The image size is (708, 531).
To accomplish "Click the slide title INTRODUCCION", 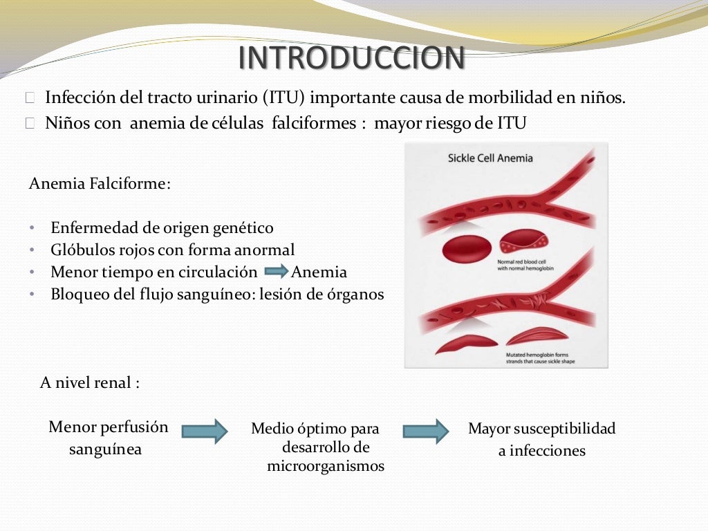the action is pos(351,59).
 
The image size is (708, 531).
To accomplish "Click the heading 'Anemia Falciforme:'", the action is pos(100,184).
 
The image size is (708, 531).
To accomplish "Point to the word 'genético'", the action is pos(245,228).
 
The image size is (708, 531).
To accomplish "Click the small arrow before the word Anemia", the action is pos(276,272).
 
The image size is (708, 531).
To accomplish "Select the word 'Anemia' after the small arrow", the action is pos(319,272).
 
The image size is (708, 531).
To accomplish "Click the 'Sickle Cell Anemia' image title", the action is pos(490,158).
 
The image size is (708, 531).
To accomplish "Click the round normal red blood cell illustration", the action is pos(467,249).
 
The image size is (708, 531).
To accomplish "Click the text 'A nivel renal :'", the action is pos(90,383).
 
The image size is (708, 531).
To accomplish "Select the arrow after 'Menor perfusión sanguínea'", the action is pos(205,431).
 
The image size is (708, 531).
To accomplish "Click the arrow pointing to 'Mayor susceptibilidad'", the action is pos(426,431).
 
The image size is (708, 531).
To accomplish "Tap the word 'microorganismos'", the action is pos(326,466).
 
